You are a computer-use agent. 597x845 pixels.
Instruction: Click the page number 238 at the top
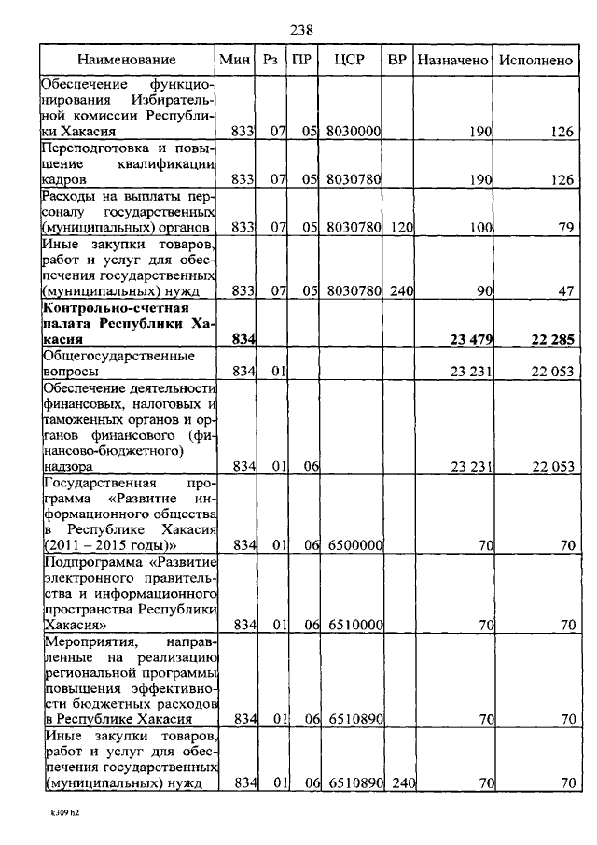[x=300, y=30]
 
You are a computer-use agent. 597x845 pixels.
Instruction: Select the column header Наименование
[x=126, y=59]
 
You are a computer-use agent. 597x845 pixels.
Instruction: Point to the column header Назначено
[x=453, y=59]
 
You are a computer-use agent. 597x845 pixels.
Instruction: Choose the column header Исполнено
[x=535, y=59]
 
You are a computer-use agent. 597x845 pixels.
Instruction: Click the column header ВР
[x=397, y=59]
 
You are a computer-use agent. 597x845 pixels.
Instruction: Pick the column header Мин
[x=234, y=59]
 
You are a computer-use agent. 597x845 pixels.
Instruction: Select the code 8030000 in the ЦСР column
[x=353, y=132]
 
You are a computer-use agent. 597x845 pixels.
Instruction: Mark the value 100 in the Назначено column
[x=479, y=228]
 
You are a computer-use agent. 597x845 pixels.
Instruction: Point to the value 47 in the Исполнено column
[x=564, y=291]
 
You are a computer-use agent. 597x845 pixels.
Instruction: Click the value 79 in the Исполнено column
[x=564, y=228]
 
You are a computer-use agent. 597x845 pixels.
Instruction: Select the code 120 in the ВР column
[x=400, y=228]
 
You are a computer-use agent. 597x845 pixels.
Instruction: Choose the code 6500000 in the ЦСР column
[x=353, y=544]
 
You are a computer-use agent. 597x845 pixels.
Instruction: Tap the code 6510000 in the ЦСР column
[x=353, y=624]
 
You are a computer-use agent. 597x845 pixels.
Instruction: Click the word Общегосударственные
[x=105, y=356]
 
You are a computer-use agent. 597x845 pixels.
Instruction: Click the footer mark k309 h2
[x=65, y=813]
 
